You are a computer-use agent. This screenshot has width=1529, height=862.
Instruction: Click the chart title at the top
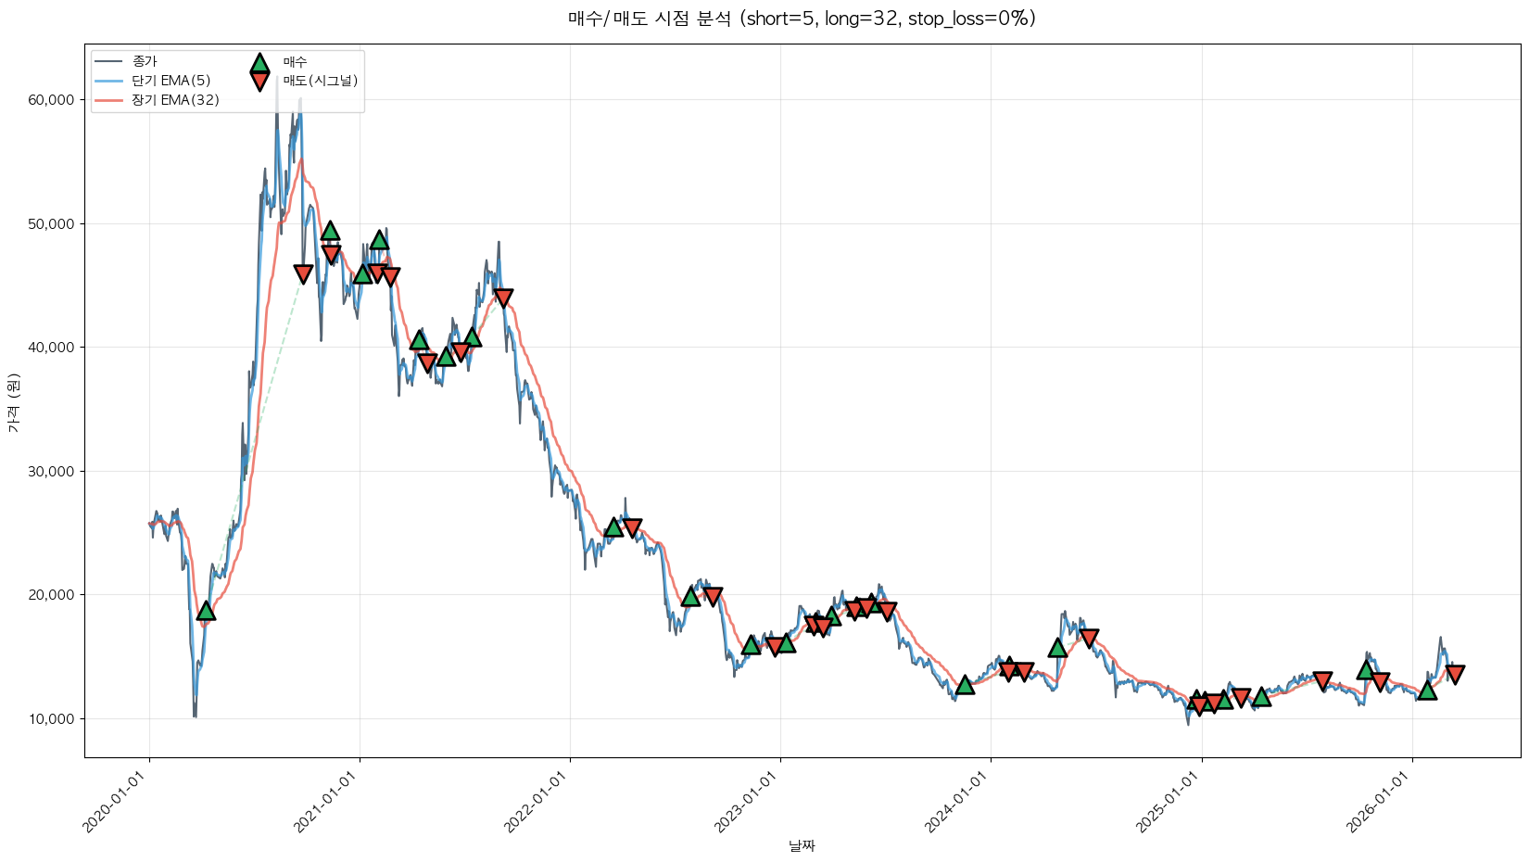tap(802, 19)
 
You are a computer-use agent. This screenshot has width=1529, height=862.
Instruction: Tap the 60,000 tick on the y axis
tap(51, 100)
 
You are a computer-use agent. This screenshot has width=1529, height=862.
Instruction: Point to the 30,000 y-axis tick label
tap(51, 471)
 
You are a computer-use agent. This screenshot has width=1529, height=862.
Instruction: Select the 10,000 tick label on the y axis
tap(51, 718)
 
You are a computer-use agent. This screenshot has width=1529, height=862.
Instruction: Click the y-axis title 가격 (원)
tap(13, 403)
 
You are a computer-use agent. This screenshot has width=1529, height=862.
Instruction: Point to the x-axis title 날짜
tap(802, 845)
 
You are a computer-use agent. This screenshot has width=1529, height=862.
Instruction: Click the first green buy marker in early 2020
tap(206, 611)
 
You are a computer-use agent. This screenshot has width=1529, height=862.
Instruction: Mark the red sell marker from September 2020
tap(303, 273)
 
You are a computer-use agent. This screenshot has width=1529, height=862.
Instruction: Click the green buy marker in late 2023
tap(965, 685)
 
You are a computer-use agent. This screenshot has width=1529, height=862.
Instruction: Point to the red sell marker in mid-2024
tap(1089, 638)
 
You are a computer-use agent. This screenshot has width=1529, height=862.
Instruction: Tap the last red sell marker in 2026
tap(1455, 674)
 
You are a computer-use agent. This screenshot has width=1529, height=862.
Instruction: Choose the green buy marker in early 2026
tap(1427, 690)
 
